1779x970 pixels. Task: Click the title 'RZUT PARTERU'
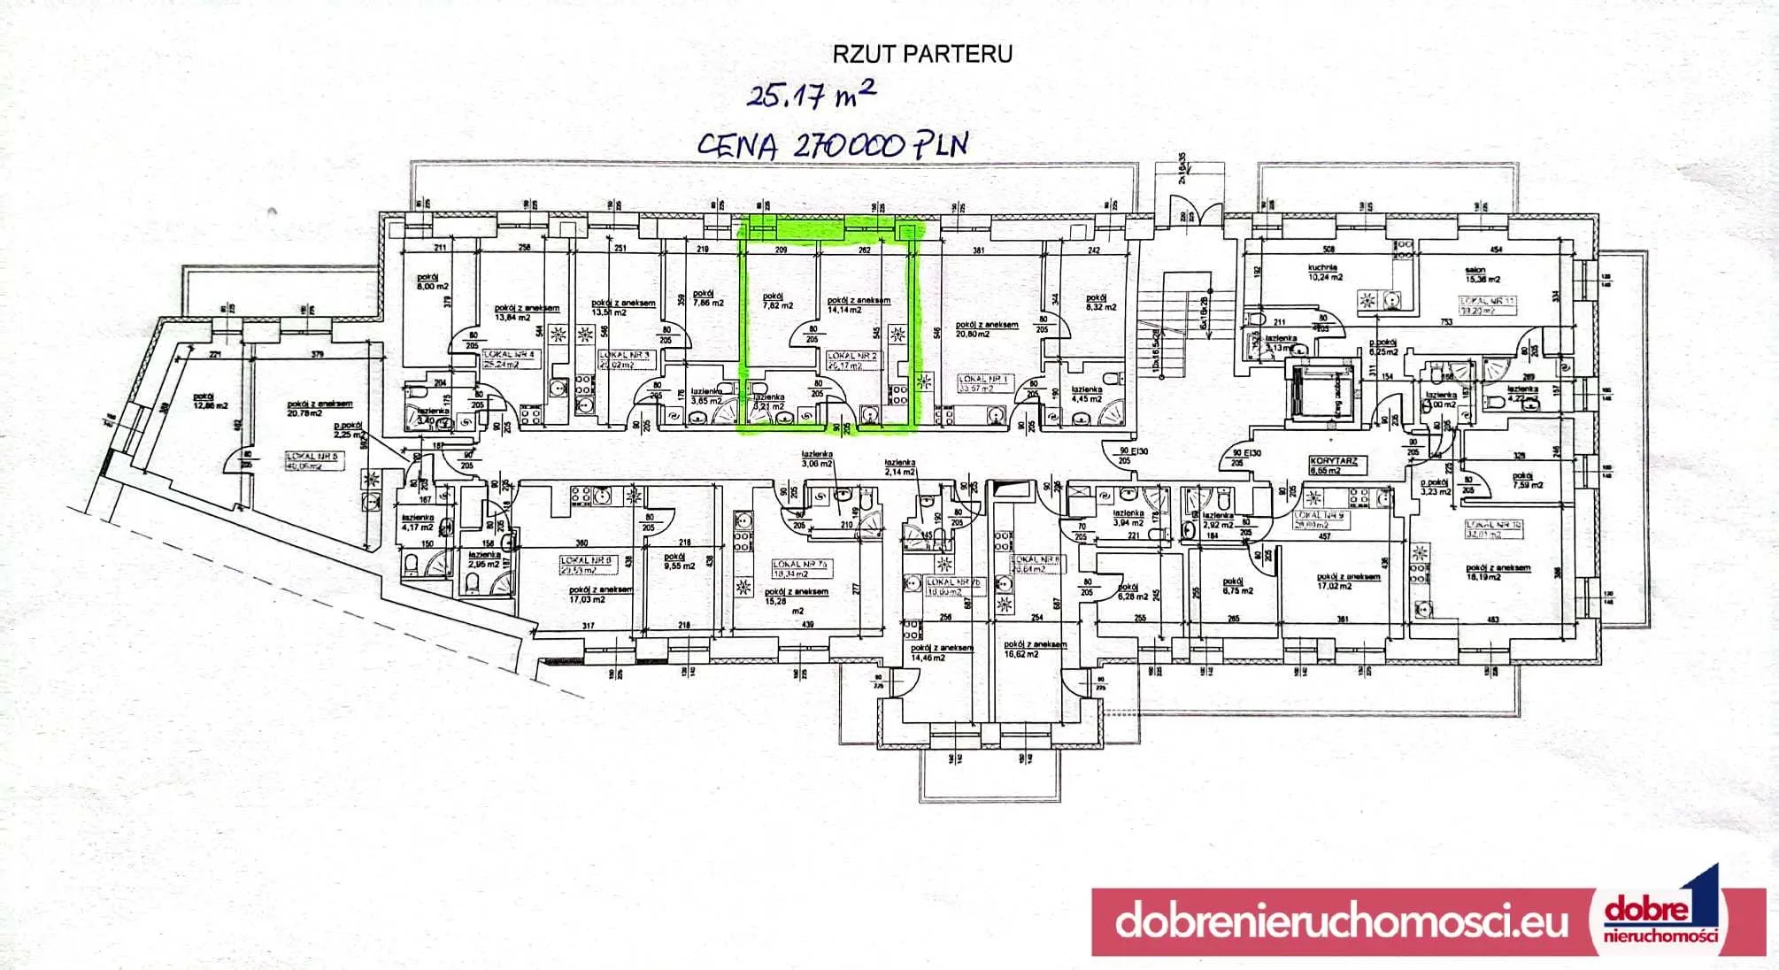click(x=922, y=54)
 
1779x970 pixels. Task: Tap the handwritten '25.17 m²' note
click(x=812, y=94)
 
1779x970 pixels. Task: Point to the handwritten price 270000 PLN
click(x=832, y=144)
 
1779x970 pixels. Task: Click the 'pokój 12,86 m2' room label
click(x=211, y=401)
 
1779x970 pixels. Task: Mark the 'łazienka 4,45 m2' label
click(x=1087, y=394)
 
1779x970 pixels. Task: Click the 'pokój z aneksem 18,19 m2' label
click(x=1498, y=573)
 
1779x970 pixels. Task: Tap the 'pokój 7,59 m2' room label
click(x=1528, y=480)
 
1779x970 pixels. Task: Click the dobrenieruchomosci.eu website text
click(x=1341, y=921)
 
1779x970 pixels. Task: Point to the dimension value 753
click(x=1446, y=322)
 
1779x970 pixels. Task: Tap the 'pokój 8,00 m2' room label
click(x=433, y=281)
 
